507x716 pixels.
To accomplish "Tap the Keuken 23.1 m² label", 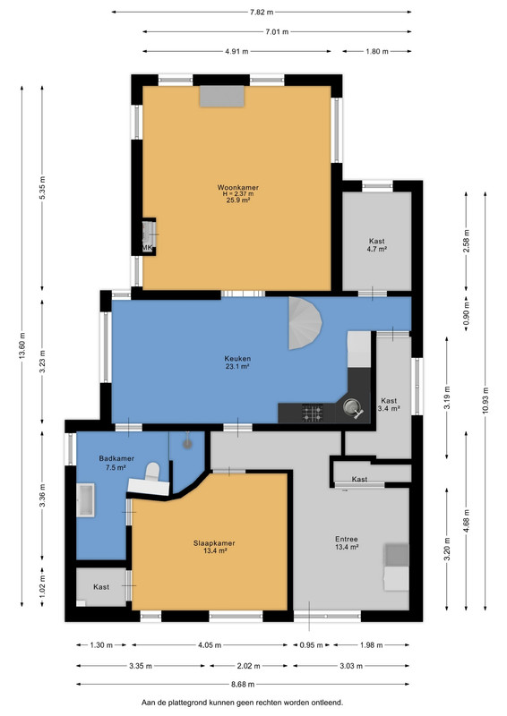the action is point(237,362).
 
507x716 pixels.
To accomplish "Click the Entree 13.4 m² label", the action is point(347,543).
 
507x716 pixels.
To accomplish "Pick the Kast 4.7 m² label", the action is point(377,245).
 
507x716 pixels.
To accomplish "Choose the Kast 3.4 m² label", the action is point(389,405).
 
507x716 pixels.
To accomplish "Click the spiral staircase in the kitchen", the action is point(304,323).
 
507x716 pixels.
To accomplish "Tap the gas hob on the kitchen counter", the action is point(313,413).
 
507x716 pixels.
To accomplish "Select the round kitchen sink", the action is point(351,405).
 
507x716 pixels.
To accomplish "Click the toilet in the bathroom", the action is point(152,473).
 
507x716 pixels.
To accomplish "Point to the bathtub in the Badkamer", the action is point(85,500).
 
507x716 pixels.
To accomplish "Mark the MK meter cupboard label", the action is point(147,248).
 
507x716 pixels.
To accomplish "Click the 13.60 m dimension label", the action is point(21,345).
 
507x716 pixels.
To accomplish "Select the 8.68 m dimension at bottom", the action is point(243,684).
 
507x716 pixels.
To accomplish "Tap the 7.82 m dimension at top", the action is point(262,13).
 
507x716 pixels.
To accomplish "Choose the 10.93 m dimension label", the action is point(486,400).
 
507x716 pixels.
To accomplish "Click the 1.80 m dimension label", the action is point(377,52).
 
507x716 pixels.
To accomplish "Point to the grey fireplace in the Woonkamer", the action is point(222,97).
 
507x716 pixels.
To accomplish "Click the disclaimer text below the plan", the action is point(242,703).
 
